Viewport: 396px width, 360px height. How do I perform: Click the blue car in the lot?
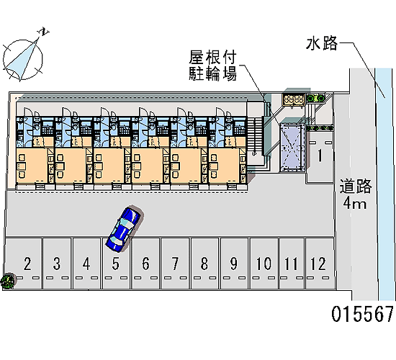(124, 230)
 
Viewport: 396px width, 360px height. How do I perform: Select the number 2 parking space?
(24, 264)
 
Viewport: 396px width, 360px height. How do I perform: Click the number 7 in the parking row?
(175, 264)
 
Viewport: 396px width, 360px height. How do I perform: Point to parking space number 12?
(320, 264)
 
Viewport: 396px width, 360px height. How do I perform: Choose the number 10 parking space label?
(264, 264)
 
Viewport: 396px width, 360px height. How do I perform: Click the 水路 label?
(322, 43)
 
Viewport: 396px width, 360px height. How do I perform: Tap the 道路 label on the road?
(356, 186)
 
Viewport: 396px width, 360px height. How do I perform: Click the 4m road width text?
(354, 202)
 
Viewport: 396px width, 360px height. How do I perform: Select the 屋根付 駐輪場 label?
(213, 66)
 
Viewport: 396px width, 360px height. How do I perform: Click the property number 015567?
(362, 314)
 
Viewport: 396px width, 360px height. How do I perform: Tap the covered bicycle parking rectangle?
(292, 148)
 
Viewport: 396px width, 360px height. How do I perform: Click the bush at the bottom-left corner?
(7, 280)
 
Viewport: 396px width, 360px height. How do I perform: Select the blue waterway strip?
(385, 184)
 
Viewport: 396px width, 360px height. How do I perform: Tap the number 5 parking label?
(116, 264)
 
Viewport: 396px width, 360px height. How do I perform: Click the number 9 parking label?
(234, 264)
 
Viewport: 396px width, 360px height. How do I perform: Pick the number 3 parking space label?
(57, 264)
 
